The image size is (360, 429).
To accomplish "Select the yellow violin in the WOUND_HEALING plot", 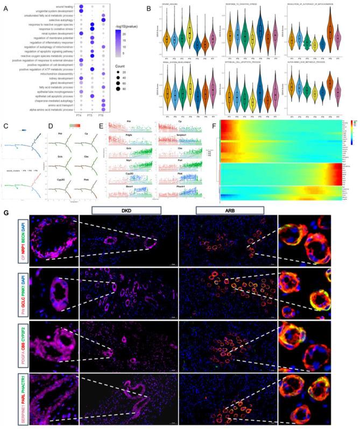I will click(189, 38).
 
